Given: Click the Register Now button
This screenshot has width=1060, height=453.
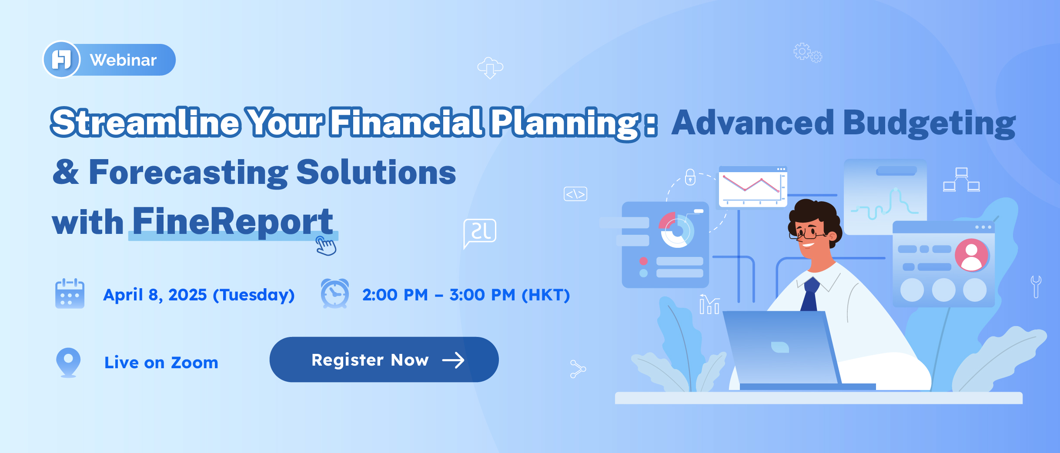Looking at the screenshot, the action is pos(384,360).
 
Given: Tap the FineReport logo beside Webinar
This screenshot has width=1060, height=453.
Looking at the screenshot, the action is pos(61,60).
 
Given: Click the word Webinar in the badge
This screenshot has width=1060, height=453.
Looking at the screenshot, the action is pos(123,60).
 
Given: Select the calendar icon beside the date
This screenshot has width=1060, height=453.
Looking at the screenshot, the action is pos(70,293).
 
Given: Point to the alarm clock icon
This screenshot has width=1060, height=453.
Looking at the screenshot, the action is pos(334,293).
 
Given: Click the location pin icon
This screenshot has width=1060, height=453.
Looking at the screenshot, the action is pos(69,362).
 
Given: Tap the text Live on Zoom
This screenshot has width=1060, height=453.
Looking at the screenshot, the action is pos(161,363).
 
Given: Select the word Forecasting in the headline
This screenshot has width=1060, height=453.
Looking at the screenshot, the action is pos(188,173).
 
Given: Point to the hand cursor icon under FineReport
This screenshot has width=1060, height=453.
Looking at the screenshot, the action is pos(326,246).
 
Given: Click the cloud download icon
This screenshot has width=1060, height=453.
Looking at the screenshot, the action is pos(490,68).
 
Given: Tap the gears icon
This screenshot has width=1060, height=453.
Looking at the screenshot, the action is pos(808,53).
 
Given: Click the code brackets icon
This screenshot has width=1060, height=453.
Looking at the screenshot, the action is pos(575,194).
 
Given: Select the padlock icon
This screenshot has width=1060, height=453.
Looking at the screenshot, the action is pos(690,177).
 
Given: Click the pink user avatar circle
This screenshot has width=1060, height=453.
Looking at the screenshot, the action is pos(972,255).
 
